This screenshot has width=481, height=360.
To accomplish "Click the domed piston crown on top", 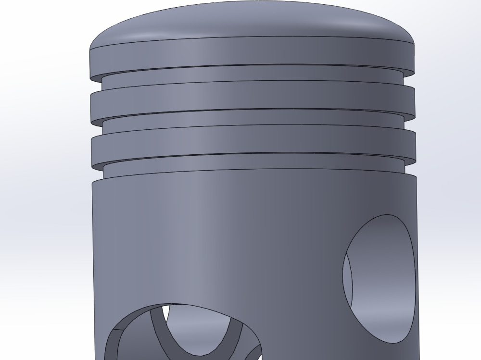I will click(x=250, y=22).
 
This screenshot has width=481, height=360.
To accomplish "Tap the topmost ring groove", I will click(x=250, y=75).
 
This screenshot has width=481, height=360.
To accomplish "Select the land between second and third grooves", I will click(x=250, y=143).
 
